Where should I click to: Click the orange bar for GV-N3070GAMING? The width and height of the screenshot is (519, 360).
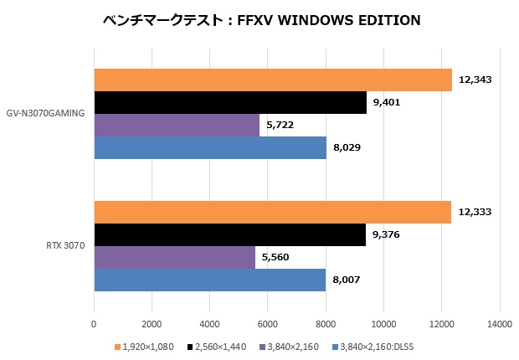coord(273,80)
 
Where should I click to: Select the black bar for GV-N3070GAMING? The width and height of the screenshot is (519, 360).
coord(230,102)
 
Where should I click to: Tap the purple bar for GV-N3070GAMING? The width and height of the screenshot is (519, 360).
coord(177,125)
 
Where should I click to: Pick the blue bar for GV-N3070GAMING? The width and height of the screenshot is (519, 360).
coord(210,147)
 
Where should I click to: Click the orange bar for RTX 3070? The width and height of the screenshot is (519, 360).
coord(273,213)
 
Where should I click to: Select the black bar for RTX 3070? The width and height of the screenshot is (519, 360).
coord(229,235)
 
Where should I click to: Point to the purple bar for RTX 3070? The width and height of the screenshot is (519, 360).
coord(174,258)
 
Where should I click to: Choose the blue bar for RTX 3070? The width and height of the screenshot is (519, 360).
coord(209,280)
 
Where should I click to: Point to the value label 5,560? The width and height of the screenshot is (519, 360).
coord(276,258)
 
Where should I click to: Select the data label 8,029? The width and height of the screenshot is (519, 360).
coord(347,148)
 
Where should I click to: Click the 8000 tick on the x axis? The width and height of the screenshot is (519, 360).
coord(326,324)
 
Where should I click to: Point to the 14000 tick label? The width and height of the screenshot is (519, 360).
coord(499,324)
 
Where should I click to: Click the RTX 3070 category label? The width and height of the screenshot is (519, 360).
coord(64,246)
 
